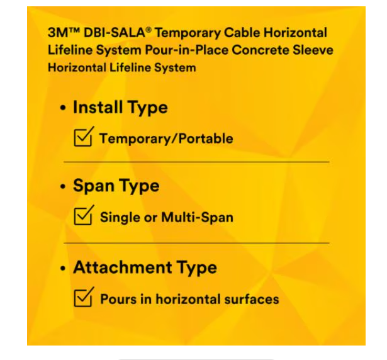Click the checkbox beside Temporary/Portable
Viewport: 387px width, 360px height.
point(83,137)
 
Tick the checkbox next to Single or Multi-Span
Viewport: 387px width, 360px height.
point(83,217)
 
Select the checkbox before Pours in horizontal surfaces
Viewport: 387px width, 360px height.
point(83,297)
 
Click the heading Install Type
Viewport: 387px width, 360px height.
point(120,108)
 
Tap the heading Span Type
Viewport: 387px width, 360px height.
point(116,186)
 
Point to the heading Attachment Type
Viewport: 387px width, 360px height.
point(145,267)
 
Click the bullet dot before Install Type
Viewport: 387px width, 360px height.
point(63,108)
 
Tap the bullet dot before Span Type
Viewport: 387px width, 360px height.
point(63,187)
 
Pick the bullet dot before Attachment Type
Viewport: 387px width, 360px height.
point(63,268)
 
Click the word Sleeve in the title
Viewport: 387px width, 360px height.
point(312,50)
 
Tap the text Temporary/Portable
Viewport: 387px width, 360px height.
point(166,138)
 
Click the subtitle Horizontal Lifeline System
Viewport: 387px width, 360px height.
point(121,67)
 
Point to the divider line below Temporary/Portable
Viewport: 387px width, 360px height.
point(196,162)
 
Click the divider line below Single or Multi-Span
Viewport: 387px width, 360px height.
point(196,242)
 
